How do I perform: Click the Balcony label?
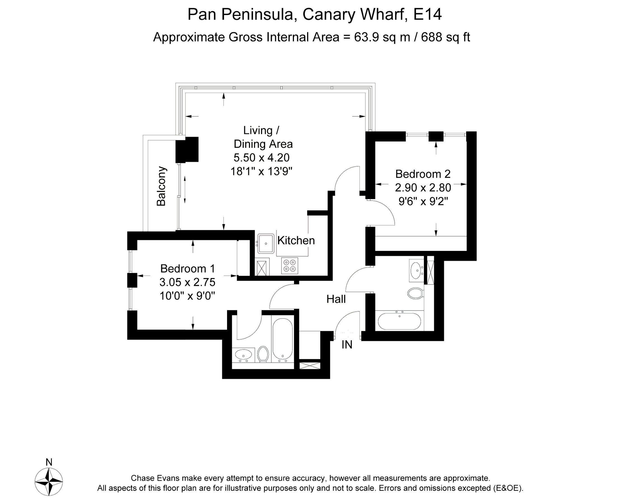pos(161,186)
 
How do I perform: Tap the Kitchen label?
pos(296,241)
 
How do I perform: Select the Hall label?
pos(336,299)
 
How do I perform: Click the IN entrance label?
pos(347,345)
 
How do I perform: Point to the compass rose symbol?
pos(49,482)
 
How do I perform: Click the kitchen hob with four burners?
pos(289,266)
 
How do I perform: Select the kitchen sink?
pos(265,243)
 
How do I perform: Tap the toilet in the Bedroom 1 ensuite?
pos(263,354)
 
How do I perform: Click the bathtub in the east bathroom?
pos(399,321)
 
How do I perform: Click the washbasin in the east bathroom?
pos(416,270)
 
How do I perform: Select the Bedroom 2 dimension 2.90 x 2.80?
pos(423,188)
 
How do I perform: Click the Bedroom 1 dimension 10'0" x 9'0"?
pos(187,296)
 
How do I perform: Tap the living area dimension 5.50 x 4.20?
pos(261,158)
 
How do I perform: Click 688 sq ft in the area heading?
pos(445,37)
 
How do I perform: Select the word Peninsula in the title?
pos(257,14)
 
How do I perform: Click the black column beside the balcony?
pos(187,150)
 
